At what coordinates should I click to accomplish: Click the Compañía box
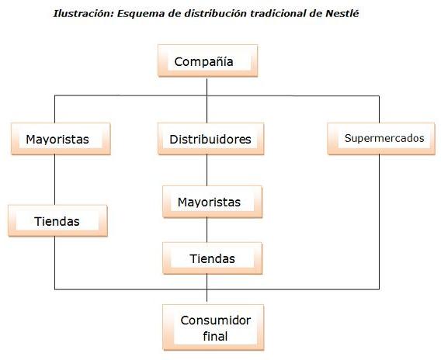[207, 61]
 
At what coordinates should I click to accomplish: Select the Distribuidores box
[210, 139]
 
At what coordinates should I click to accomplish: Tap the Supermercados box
[381, 139]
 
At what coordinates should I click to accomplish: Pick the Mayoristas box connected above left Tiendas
[61, 139]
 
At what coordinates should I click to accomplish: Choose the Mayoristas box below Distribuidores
[212, 202]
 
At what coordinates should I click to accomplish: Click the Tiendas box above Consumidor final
[212, 258]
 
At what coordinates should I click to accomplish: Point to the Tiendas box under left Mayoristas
[57, 221]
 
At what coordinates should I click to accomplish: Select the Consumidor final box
[214, 327]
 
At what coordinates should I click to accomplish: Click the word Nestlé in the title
[342, 13]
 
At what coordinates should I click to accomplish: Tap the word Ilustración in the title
[84, 13]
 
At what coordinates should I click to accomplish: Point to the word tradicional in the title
[278, 13]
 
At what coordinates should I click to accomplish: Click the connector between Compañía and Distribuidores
[207, 101]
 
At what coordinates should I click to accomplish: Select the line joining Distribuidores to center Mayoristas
[207, 171]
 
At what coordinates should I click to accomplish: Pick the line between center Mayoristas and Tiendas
[207, 230]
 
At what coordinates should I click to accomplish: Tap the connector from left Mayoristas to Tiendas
[54, 180]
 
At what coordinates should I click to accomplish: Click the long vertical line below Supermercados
[379, 222]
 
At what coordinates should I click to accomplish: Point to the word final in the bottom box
[215, 336]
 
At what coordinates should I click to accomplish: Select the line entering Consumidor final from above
[207, 289]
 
